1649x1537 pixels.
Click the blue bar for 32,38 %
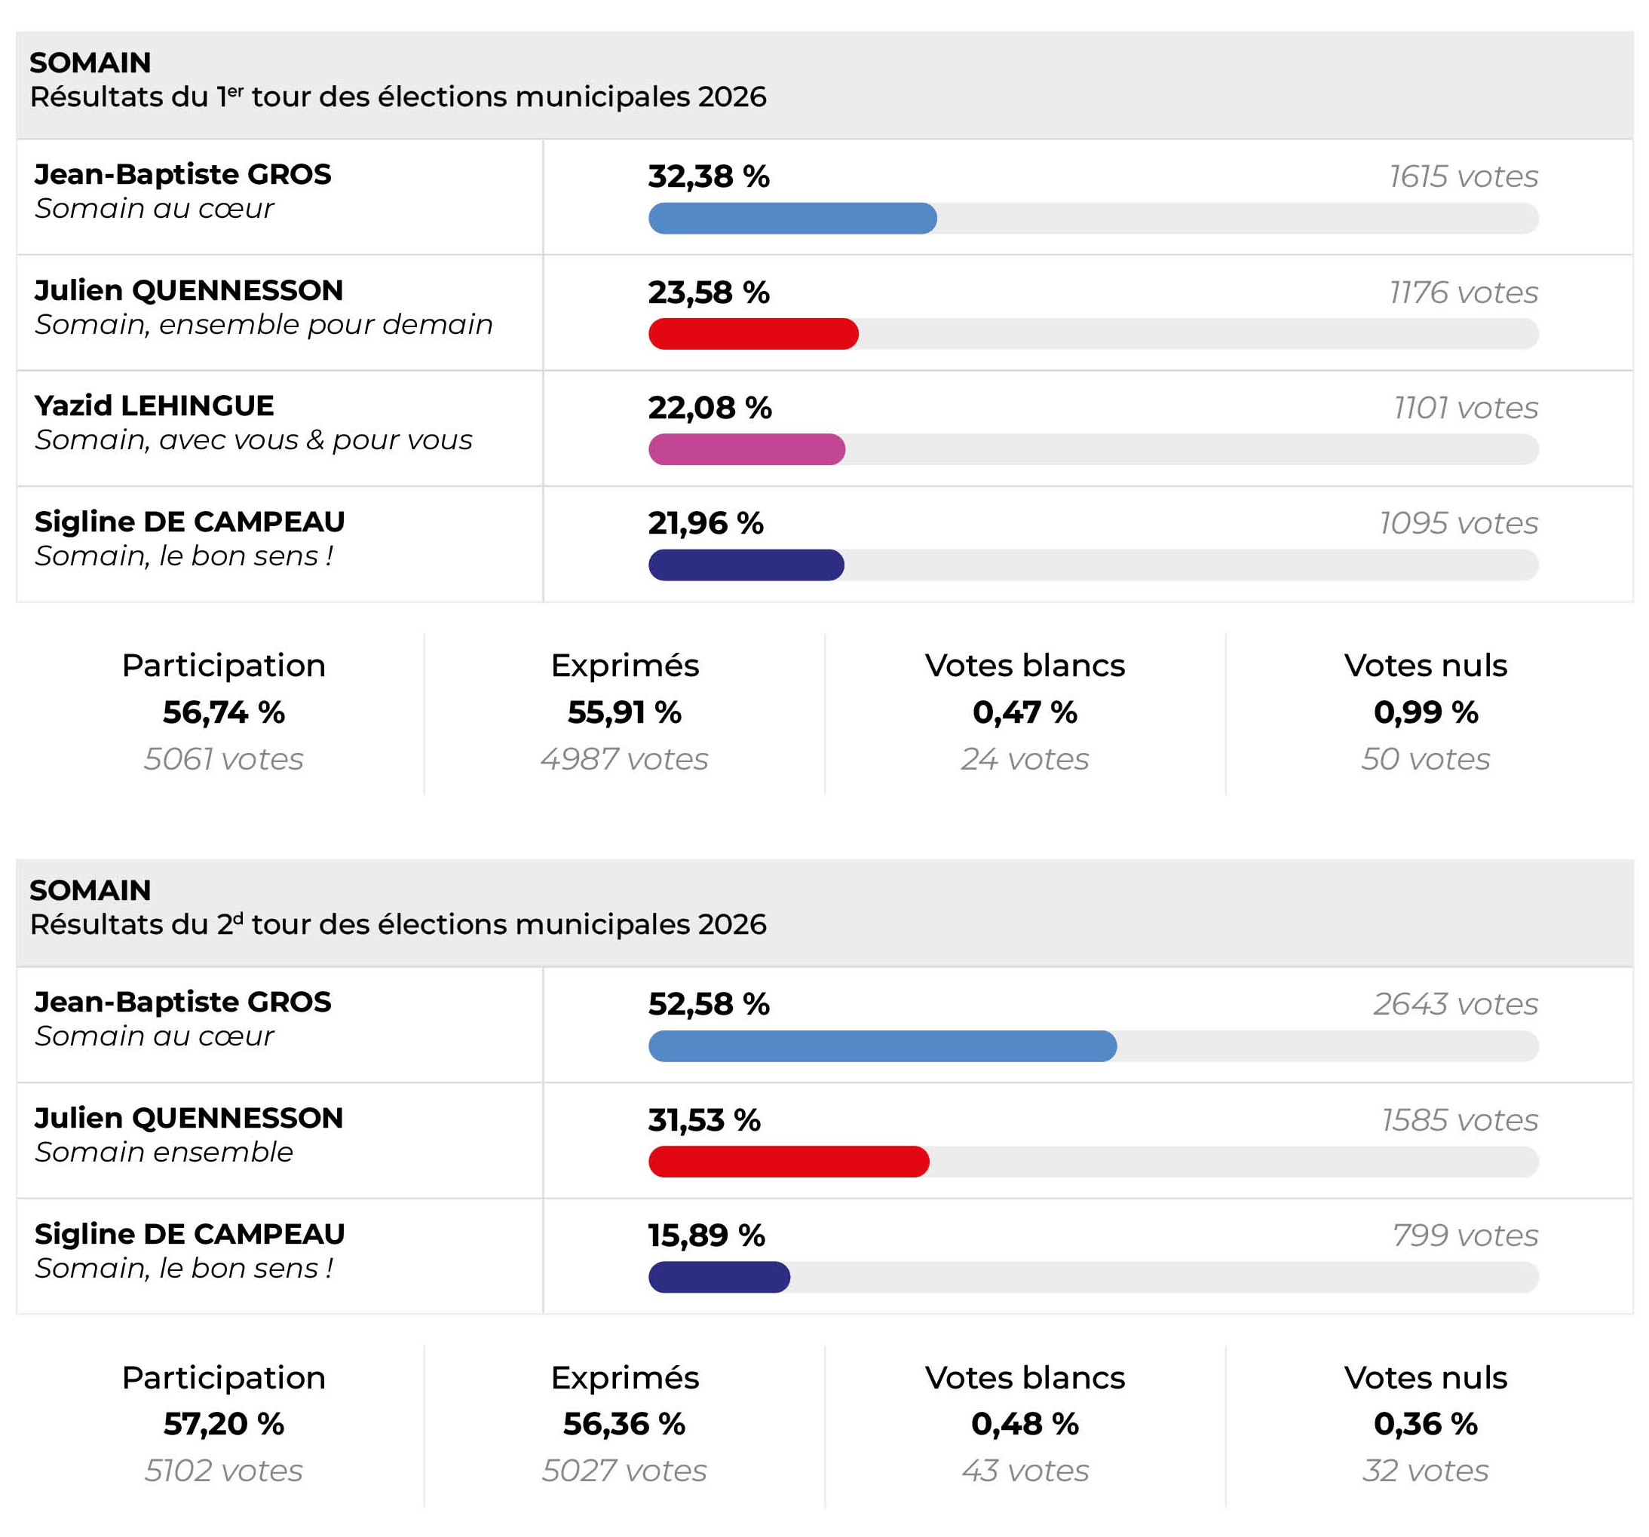tap(792, 218)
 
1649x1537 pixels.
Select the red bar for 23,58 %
tap(753, 333)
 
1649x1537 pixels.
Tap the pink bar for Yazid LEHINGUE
tap(746, 449)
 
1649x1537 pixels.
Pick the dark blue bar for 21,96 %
tap(746, 565)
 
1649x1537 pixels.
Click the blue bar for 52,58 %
tap(883, 1046)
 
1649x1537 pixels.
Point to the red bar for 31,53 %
tap(789, 1162)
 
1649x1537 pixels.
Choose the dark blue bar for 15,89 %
tap(719, 1276)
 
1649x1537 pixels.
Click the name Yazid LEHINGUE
tap(155, 406)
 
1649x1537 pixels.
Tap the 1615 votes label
tap(1464, 176)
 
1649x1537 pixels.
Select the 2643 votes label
tap(1456, 1005)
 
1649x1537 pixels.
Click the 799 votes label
tap(1465, 1235)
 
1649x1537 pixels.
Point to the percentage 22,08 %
tap(710, 408)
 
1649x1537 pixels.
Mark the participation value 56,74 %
tap(224, 712)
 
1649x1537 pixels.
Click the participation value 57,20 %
tap(224, 1423)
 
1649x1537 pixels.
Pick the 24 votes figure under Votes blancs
tap(1025, 759)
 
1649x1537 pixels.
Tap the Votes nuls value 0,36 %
tap(1426, 1423)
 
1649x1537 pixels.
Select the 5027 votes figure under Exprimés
tap(624, 1471)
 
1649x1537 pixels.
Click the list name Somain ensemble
tap(164, 1152)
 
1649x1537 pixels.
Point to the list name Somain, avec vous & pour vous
tap(254, 439)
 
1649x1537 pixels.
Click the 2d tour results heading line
tap(398, 924)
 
